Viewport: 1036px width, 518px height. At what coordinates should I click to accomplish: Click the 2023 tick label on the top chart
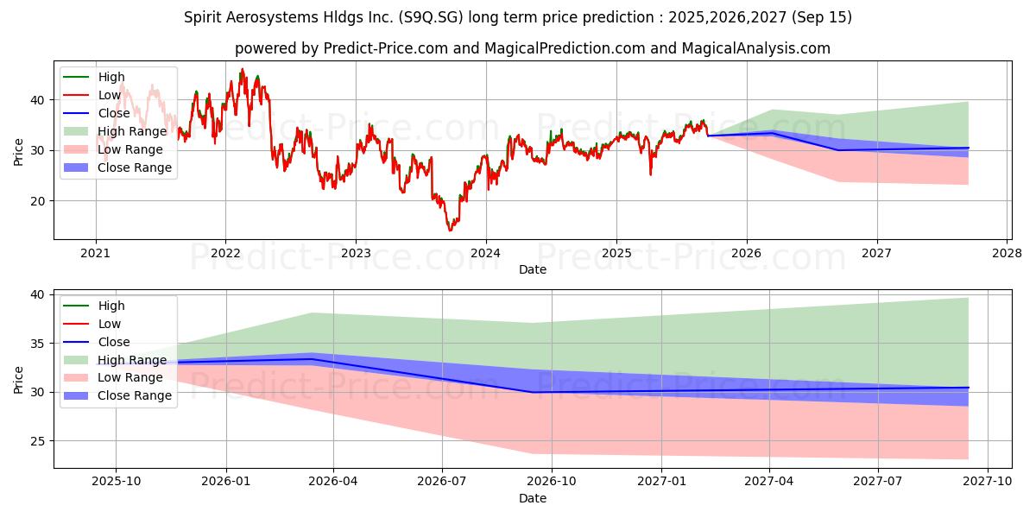coord(356,253)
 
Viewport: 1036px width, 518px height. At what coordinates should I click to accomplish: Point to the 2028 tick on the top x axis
coord(1008,253)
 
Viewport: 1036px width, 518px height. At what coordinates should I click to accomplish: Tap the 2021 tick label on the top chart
coord(95,253)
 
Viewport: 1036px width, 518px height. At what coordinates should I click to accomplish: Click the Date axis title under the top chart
coord(532,269)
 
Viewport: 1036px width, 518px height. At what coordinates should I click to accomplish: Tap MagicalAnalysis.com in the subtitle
coord(755,48)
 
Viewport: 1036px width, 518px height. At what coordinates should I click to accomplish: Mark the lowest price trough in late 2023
coord(450,230)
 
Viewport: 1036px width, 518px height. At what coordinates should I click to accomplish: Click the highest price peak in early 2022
coord(242,69)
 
